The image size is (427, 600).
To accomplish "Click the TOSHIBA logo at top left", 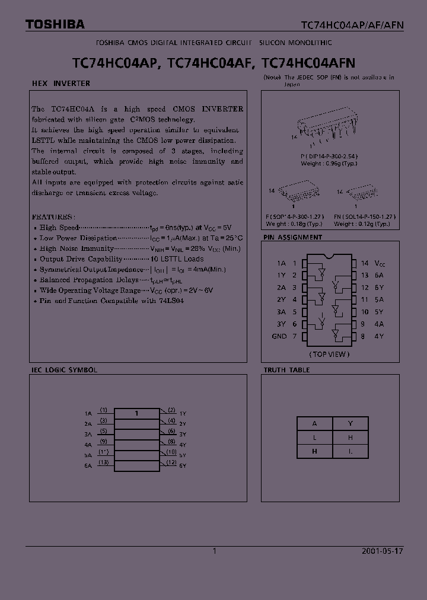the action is (x=55, y=24).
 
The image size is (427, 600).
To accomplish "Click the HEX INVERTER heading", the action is (x=60, y=84).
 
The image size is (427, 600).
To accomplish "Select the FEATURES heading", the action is (x=53, y=217).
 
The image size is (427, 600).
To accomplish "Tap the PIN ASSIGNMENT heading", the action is (x=293, y=237).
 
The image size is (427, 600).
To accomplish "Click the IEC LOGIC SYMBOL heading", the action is (x=64, y=370).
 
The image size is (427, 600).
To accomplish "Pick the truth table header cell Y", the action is (x=350, y=423).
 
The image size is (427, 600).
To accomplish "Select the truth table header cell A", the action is (x=315, y=423).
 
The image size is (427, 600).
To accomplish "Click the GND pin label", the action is (x=279, y=336).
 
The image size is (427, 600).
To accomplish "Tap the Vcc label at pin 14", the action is (x=381, y=263).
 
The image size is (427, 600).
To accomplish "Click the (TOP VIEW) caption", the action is (x=329, y=354).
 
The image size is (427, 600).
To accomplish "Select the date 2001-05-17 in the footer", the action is (x=382, y=551).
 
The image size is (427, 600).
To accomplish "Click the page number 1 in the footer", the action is (x=215, y=551).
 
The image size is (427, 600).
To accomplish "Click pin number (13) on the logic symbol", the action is (x=104, y=462).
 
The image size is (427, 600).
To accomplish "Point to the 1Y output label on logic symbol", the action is (x=183, y=413).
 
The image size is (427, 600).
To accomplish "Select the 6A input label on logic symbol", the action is (x=88, y=466).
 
